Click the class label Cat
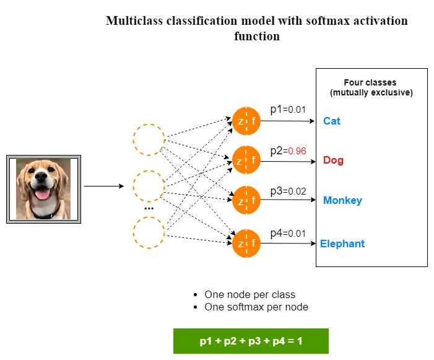point(332,121)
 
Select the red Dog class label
point(333,160)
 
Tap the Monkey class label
point(342,200)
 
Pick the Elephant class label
point(342,244)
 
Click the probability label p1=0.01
point(288,110)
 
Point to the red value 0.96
point(297,151)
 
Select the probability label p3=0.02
point(288,191)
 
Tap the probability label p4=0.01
point(288,233)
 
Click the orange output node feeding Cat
point(246,121)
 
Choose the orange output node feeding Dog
point(246,160)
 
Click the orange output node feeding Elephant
point(246,244)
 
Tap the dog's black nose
point(41,177)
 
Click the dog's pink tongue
point(43,194)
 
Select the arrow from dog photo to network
point(104,186)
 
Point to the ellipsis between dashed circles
point(149,208)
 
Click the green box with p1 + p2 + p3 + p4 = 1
point(251,341)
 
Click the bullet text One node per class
point(250,295)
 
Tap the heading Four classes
point(370,82)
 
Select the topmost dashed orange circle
point(149,125)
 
